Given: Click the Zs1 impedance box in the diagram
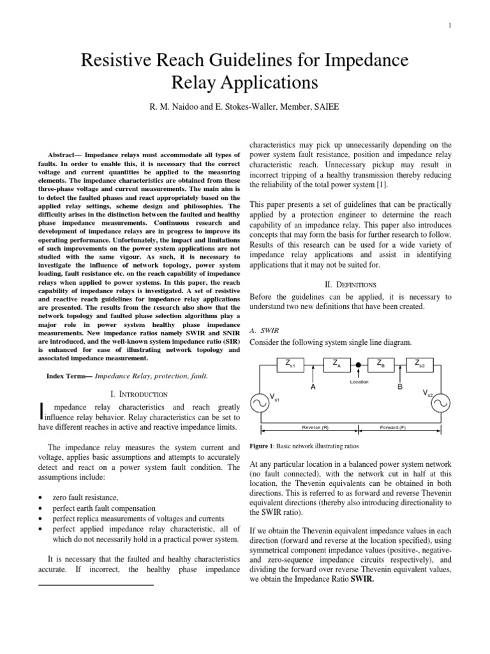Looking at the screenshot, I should tap(290, 365).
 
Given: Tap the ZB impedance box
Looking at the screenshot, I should tap(380, 365).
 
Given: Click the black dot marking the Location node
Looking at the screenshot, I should tap(359, 365).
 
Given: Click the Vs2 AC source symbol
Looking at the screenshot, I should tap(442, 403).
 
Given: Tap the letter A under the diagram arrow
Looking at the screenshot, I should tap(313, 387).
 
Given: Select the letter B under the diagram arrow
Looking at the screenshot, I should tap(401, 387).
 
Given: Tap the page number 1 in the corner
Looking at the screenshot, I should tap(467, 26).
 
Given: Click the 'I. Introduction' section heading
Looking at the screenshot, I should tap(139, 394).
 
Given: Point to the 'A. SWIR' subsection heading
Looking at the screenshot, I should tap(262, 330).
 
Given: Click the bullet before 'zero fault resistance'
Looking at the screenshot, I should tap(41, 497).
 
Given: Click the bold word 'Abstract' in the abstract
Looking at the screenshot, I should tap(64, 155).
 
